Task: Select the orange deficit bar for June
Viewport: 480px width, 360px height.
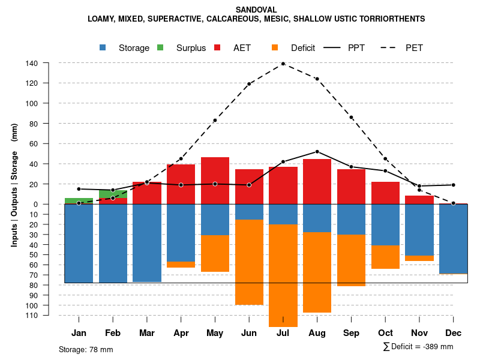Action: pos(249,262)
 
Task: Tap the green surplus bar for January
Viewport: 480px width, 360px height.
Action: pos(79,200)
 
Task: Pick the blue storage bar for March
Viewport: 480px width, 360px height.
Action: pos(147,243)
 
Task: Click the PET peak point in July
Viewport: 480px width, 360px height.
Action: pos(283,64)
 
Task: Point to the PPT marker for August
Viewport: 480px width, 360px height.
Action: pos(317,151)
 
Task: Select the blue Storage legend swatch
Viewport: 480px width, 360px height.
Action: pos(104,48)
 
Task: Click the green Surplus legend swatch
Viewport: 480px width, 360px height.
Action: pos(161,48)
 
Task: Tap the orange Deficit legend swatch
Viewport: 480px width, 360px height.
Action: pos(275,48)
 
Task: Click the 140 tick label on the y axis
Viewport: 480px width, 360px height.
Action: pos(32,63)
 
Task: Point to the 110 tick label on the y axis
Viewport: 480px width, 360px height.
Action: pos(32,315)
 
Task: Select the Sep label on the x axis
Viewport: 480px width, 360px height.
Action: pos(351,333)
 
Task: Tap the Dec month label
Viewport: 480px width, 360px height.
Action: pos(454,333)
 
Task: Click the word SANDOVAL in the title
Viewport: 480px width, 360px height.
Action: pos(256,10)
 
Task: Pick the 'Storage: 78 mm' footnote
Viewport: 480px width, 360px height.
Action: pos(86,349)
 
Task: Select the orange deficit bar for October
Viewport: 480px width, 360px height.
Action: pos(385,257)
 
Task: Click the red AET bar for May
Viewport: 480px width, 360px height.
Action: pos(215,181)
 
